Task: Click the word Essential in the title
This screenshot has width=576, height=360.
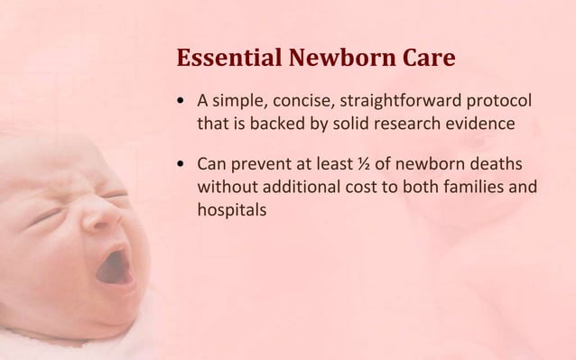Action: (x=229, y=60)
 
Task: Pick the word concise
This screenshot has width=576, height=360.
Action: (x=302, y=99)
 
